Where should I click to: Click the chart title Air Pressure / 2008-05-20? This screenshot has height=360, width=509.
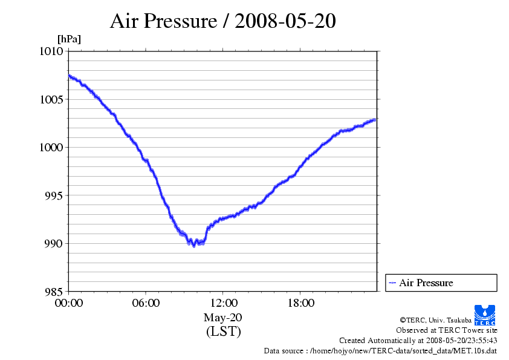222,21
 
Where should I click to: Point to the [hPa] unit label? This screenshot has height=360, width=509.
69,39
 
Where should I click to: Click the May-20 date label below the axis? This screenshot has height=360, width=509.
223,317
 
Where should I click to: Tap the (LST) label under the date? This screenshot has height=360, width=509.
223,332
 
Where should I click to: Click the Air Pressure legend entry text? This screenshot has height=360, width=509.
426,283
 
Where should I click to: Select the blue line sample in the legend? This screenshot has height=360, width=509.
392,283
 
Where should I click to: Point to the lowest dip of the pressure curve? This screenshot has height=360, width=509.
193,246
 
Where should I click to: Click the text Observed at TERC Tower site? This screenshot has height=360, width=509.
447,330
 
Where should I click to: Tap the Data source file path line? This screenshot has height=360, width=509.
380,350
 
